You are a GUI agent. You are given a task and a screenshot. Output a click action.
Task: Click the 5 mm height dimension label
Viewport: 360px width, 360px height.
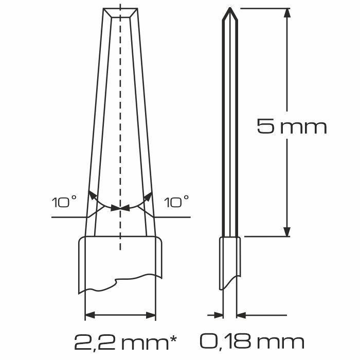pos(292,127)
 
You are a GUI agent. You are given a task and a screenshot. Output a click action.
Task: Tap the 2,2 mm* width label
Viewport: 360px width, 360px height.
pos(125,342)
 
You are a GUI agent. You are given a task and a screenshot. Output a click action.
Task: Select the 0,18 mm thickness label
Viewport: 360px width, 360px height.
pos(253,342)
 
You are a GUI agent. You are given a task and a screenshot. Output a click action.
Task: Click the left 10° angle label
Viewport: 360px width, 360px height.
pos(64,202)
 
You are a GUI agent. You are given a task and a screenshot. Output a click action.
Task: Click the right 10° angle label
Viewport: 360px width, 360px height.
pos(176,202)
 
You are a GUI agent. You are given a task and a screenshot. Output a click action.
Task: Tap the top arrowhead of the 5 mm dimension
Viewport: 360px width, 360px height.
pos(287,13)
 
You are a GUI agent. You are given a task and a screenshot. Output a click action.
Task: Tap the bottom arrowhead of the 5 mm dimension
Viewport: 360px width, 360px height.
pos(287,232)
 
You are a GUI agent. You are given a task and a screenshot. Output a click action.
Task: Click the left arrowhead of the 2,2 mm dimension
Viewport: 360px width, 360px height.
pos(89,315)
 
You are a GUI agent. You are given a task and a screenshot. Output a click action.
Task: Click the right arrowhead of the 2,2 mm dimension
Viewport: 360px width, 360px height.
pos(151,315)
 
